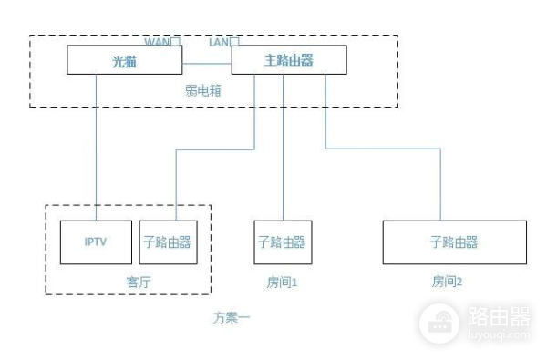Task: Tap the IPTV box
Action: click(96, 242)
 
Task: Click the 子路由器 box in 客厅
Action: click(169, 242)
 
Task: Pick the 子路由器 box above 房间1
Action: click(283, 242)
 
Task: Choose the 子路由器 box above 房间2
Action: click(454, 242)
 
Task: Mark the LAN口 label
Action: click(224, 42)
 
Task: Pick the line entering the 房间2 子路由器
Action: click(440, 182)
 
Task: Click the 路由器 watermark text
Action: click(498, 316)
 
